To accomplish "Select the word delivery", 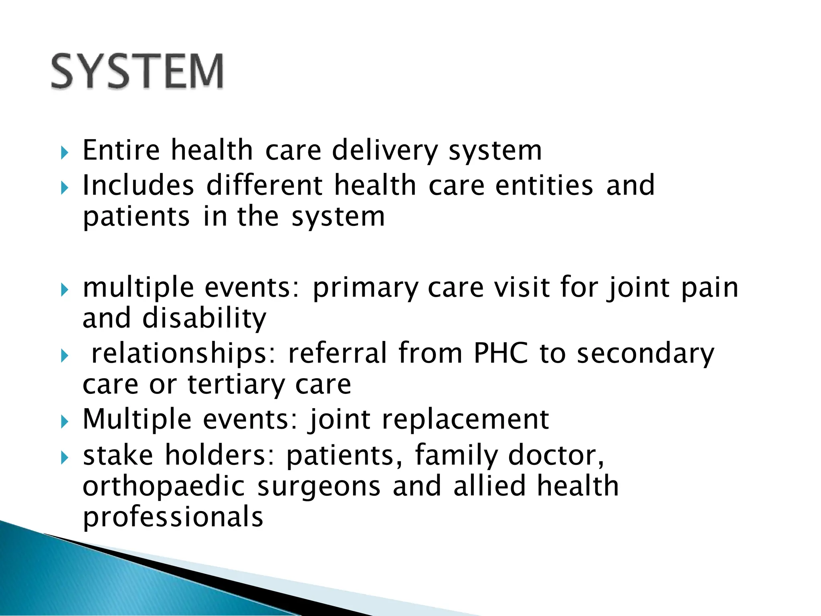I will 385,150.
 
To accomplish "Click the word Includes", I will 138,185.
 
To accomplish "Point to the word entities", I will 544,185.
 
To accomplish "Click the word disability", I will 204,318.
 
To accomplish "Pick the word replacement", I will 465,419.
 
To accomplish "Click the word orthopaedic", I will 164,486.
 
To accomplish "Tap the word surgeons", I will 319,486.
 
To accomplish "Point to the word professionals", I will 173,517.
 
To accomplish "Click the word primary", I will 365,288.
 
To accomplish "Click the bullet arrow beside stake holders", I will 65,458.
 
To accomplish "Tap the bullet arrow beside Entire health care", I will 65,153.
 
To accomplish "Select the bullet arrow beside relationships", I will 65,356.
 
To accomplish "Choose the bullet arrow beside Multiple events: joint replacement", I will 65,422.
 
